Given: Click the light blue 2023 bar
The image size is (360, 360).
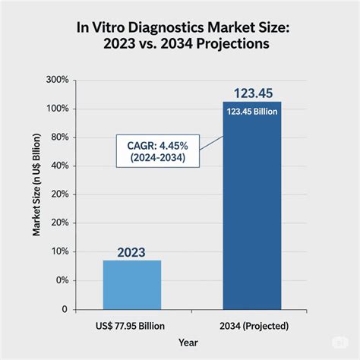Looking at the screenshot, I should [132, 285].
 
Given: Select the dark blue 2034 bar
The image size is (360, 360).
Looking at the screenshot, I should [251, 213].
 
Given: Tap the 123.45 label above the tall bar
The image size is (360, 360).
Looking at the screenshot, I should [251, 93].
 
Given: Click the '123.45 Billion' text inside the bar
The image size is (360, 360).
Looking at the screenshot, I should [251, 112].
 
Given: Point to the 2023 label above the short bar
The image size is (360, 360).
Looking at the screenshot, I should [132, 252].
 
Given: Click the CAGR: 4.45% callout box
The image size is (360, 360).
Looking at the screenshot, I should [159, 149].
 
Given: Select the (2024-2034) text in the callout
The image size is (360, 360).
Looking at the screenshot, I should [159, 157].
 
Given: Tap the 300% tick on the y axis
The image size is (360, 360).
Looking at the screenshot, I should [58, 80].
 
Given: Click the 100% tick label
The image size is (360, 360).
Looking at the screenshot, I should [58, 109].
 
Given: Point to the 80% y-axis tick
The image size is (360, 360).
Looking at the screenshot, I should [59, 137].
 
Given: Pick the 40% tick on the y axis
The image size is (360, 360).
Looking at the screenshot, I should [59, 166].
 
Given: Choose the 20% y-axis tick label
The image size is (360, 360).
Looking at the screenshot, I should [59, 194].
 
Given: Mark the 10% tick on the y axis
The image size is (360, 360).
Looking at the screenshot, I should [59, 251].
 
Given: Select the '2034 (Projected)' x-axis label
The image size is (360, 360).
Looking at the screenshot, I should [251, 327].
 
